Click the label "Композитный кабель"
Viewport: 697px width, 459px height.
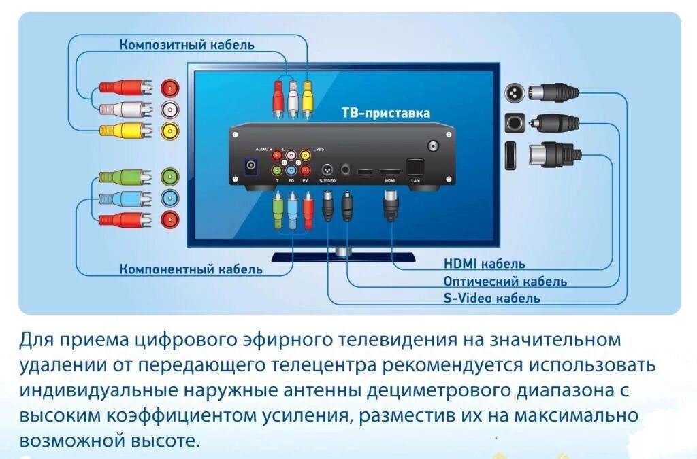click(187, 45)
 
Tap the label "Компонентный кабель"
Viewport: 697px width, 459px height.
click(191, 269)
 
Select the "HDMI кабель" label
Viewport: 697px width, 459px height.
click(484, 264)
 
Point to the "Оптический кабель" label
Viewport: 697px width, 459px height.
click(505, 281)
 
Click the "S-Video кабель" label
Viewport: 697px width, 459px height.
click(491, 298)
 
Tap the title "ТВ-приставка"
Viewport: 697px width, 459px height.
click(385, 113)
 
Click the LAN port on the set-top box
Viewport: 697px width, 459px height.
click(415, 167)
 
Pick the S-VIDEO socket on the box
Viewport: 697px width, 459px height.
click(327, 168)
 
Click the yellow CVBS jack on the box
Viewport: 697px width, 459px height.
click(306, 155)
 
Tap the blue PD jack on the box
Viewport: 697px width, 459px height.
click(291, 170)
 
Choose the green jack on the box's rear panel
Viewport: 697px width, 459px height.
click(277, 170)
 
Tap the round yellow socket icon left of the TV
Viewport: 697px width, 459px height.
click(169, 130)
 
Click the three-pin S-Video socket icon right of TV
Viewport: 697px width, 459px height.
click(513, 92)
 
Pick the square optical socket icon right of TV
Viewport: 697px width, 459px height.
click(514, 123)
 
